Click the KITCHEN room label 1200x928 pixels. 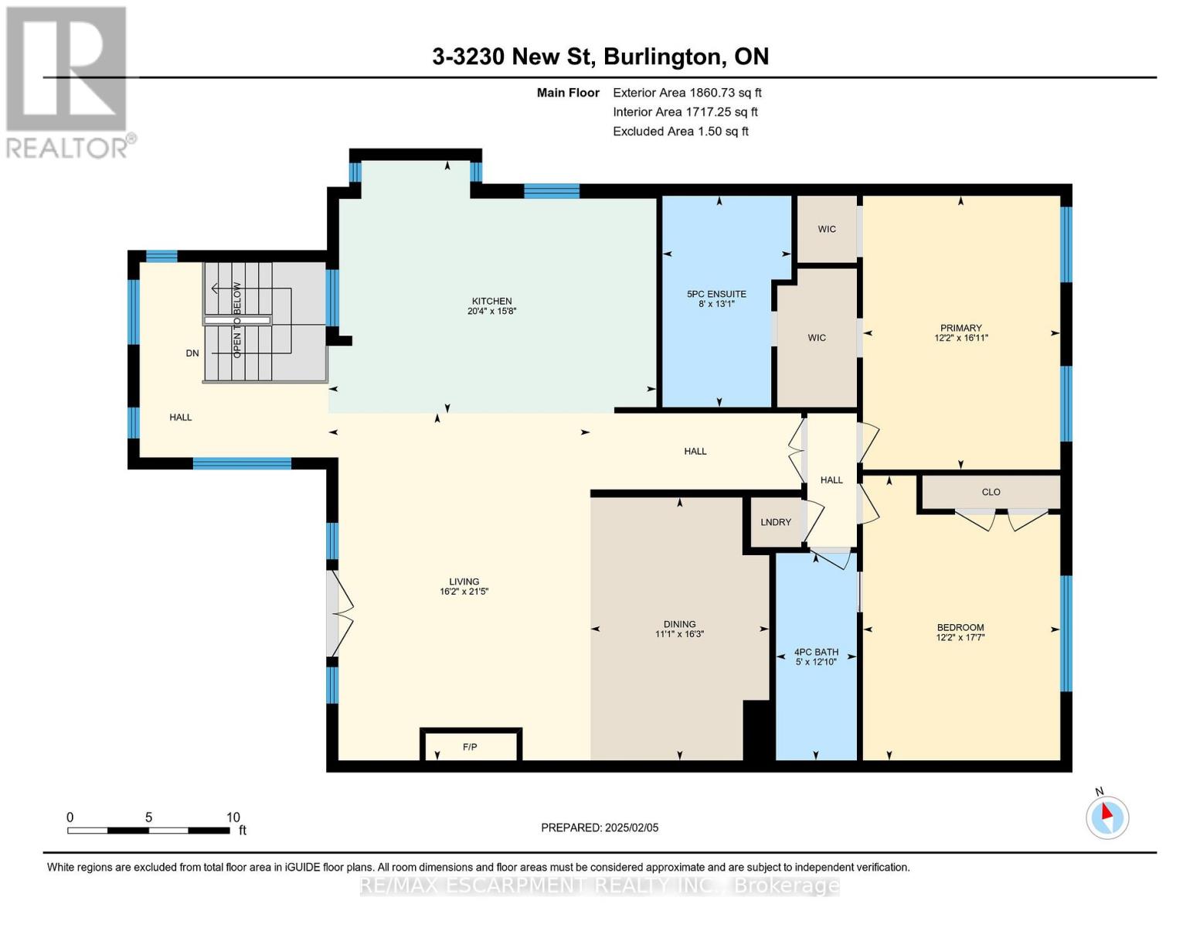click(x=491, y=301)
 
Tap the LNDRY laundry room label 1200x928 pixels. click(x=775, y=522)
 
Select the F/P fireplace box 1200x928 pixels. click(x=470, y=746)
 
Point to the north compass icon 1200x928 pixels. click(x=1107, y=817)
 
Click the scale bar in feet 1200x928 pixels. click(x=148, y=830)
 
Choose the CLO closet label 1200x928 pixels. click(x=991, y=492)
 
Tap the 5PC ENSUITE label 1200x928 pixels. click(x=716, y=294)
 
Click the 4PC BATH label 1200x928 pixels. click(x=816, y=652)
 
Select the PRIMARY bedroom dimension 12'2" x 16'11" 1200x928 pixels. click(x=960, y=338)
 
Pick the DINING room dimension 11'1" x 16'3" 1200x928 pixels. click(x=679, y=634)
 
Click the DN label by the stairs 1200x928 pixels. click(x=192, y=353)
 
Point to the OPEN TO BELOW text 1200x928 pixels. click(x=237, y=320)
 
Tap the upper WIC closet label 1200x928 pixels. click(x=827, y=229)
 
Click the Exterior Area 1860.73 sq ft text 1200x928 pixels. click(x=687, y=93)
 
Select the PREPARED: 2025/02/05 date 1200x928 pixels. click(x=600, y=827)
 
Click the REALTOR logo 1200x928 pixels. click(x=68, y=81)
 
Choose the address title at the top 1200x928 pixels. click(x=600, y=56)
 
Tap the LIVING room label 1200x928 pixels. click(x=464, y=582)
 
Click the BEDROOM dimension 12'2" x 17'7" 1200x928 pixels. click(x=960, y=638)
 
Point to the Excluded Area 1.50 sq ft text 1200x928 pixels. click(x=680, y=131)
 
